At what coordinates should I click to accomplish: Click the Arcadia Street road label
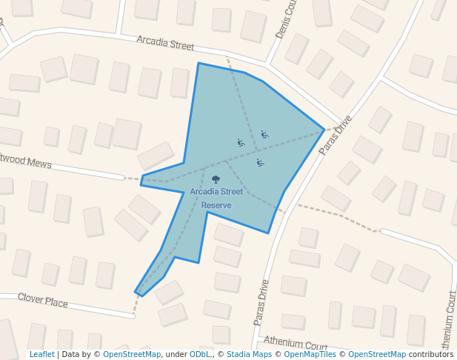click(165, 43)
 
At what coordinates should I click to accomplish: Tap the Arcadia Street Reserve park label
click(216, 198)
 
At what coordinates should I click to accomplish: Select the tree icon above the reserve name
click(216, 179)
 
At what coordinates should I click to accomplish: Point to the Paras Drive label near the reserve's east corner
click(336, 135)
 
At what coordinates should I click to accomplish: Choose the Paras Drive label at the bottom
click(261, 302)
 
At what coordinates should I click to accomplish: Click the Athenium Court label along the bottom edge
click(296, 345)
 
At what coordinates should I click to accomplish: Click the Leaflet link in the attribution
click(42, 355)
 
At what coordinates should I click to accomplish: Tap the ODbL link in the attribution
click(200, 355)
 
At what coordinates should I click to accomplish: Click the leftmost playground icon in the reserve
click(241, 142)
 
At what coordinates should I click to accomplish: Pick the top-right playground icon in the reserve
click(264, 135)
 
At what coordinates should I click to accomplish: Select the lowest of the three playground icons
click(260, 163)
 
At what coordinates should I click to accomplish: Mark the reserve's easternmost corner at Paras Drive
click(324, 129)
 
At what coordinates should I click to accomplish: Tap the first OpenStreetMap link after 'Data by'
click(132, 355)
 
